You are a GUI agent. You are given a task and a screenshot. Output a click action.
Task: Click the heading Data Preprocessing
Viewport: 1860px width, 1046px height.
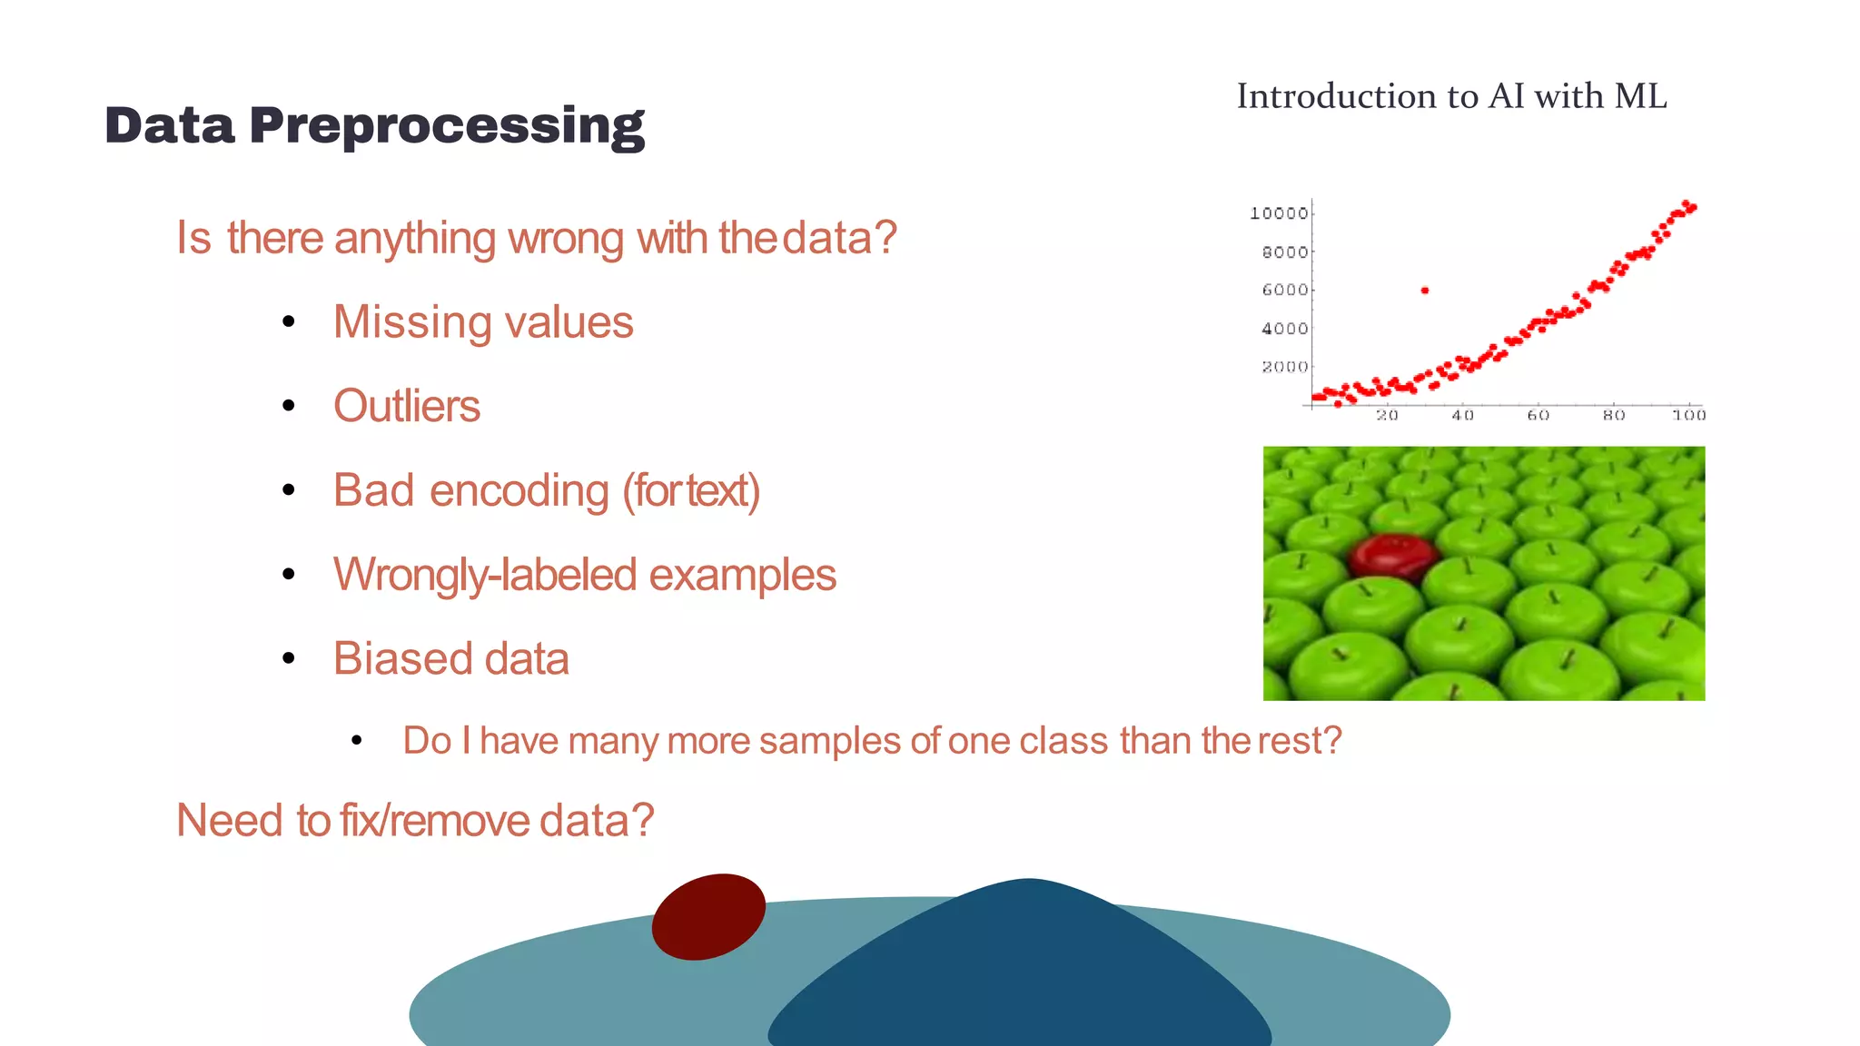click(x=374, y=125)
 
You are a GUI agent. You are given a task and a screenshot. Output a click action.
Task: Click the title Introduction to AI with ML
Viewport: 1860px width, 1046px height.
click(x=1450, y=96)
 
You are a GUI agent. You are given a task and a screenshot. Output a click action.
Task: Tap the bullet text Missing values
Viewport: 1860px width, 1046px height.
click(x=482, y=322)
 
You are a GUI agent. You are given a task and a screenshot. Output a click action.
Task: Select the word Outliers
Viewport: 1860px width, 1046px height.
click(x=406, y=406)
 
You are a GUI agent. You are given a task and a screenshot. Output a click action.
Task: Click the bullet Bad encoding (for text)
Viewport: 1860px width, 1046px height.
click(x=546, y=490)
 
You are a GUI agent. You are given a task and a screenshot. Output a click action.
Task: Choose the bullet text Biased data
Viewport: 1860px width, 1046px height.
click(x=450, y=658)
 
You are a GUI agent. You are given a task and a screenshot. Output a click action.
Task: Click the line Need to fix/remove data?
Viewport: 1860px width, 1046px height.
click(x=414, y=820)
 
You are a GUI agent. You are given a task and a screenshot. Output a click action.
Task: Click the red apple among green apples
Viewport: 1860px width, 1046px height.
click(x=1392, y=556)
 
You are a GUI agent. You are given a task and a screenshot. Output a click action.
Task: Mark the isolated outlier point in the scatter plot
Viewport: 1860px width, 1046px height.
click(x=1425, y=291)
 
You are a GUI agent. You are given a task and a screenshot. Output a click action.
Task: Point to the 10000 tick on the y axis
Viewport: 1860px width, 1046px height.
click(x=1279, y=213)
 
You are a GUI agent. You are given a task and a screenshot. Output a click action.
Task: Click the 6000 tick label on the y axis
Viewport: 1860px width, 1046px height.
click(x=1284, y=291)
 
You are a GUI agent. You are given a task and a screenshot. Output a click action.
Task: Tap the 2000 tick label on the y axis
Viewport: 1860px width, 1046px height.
click(x=1284, y=367)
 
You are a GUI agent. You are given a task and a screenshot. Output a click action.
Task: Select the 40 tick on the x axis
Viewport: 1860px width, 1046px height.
click(x=1462, y=415)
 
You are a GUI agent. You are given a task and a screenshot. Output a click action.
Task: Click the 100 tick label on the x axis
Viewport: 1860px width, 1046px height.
click(x=1688, y=415)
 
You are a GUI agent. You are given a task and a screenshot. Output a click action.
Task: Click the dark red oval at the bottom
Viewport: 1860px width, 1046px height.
click(x=708, y=916)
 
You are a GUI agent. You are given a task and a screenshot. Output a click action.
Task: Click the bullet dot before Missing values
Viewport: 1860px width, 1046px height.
click(x=289, y=321)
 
